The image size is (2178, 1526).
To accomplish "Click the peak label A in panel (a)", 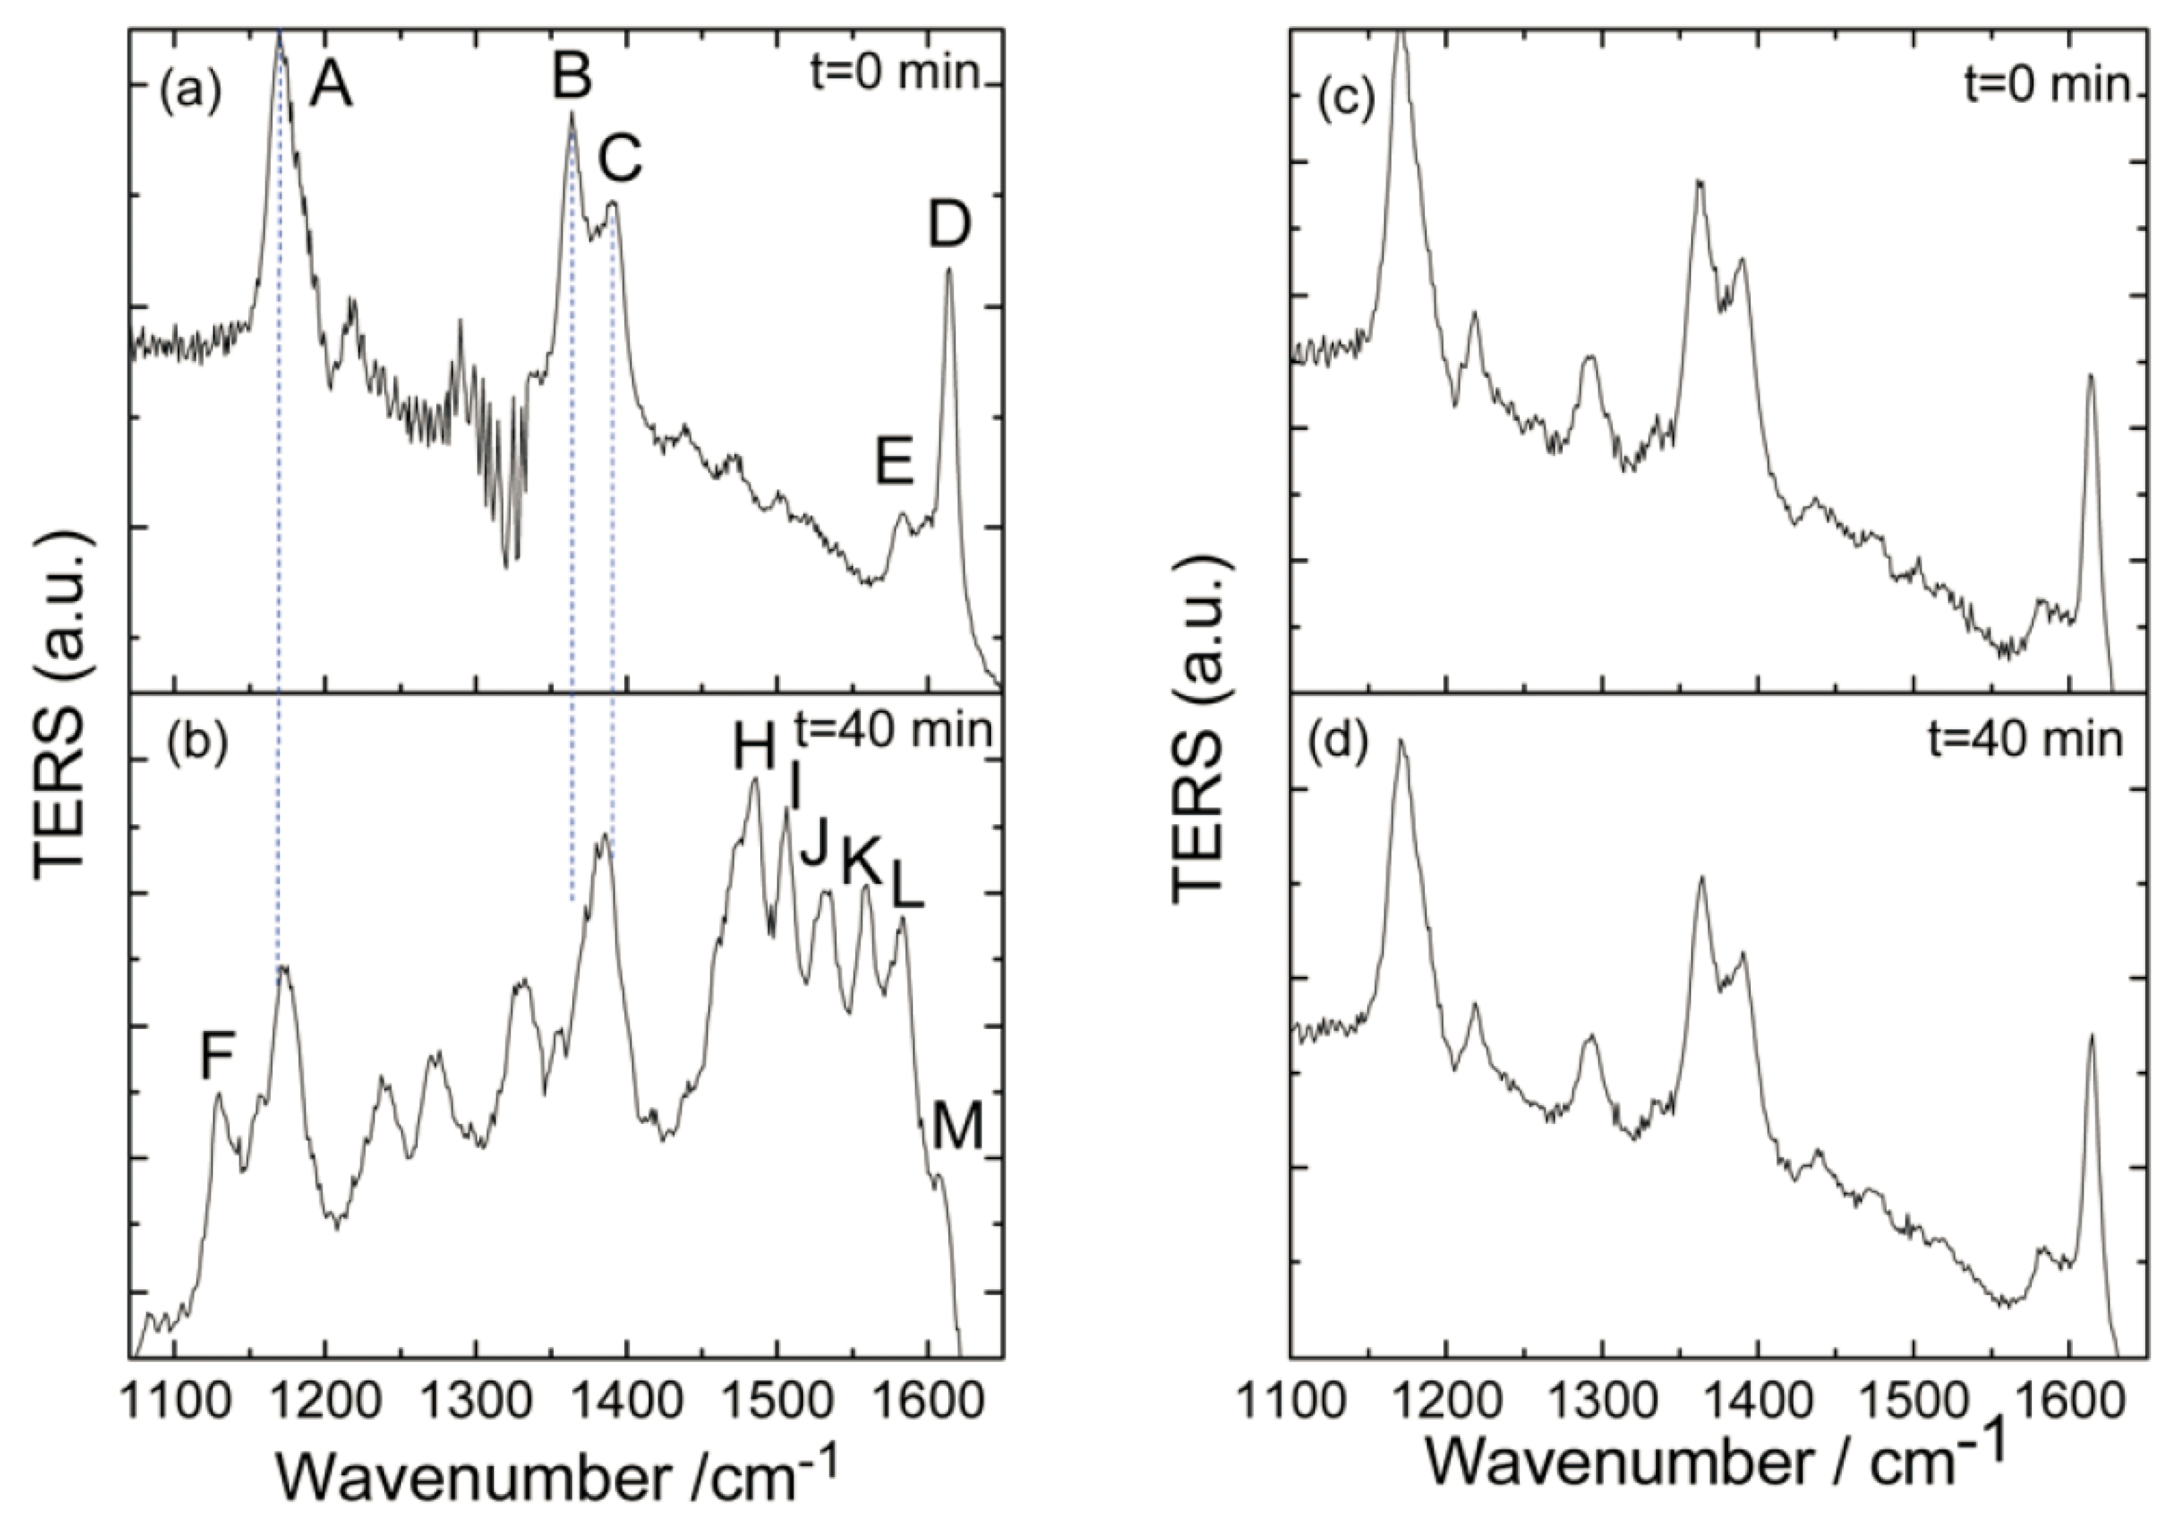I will click(x=333, y=89).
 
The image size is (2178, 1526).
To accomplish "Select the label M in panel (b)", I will click(x=957, y=1130).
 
